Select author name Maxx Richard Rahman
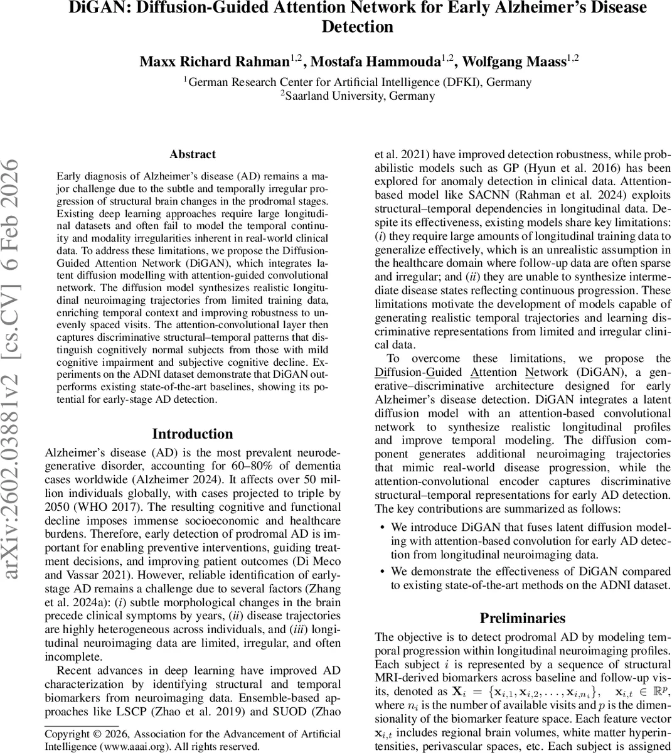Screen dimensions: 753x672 (214, 61)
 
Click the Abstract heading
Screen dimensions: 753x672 (193, 154)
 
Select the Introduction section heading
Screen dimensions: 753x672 (193, 434)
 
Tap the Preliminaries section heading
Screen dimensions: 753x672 (523, 618)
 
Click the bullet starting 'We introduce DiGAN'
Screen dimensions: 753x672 (530, 541)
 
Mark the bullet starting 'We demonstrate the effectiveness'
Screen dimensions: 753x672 (530, 578)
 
